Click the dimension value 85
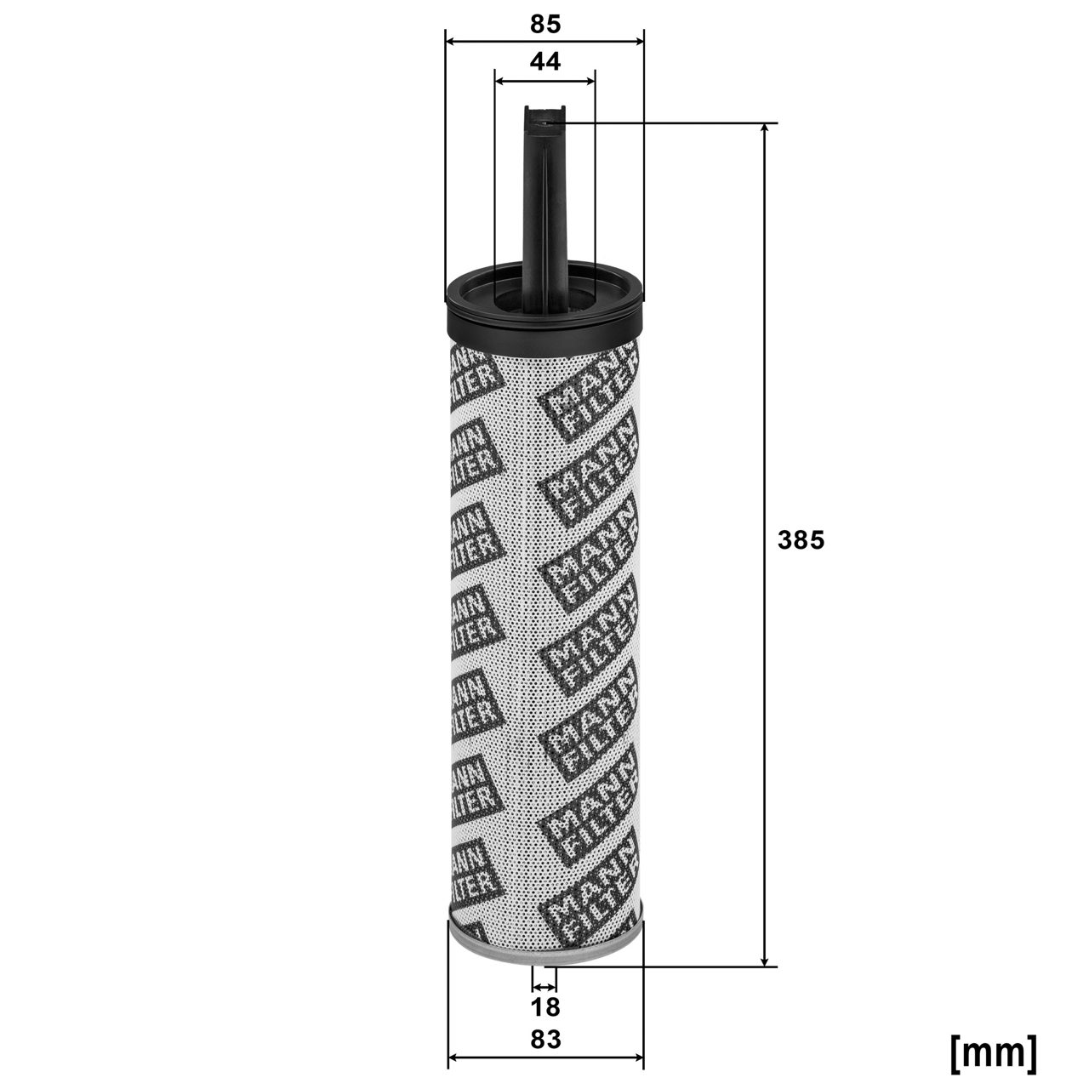[545, 25]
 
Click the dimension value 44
[545, 62]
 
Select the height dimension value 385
[801, 540]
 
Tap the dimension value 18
[545, 1007]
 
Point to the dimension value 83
[545, 1039]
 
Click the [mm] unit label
[993, 1052]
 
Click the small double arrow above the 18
[544, 986]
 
